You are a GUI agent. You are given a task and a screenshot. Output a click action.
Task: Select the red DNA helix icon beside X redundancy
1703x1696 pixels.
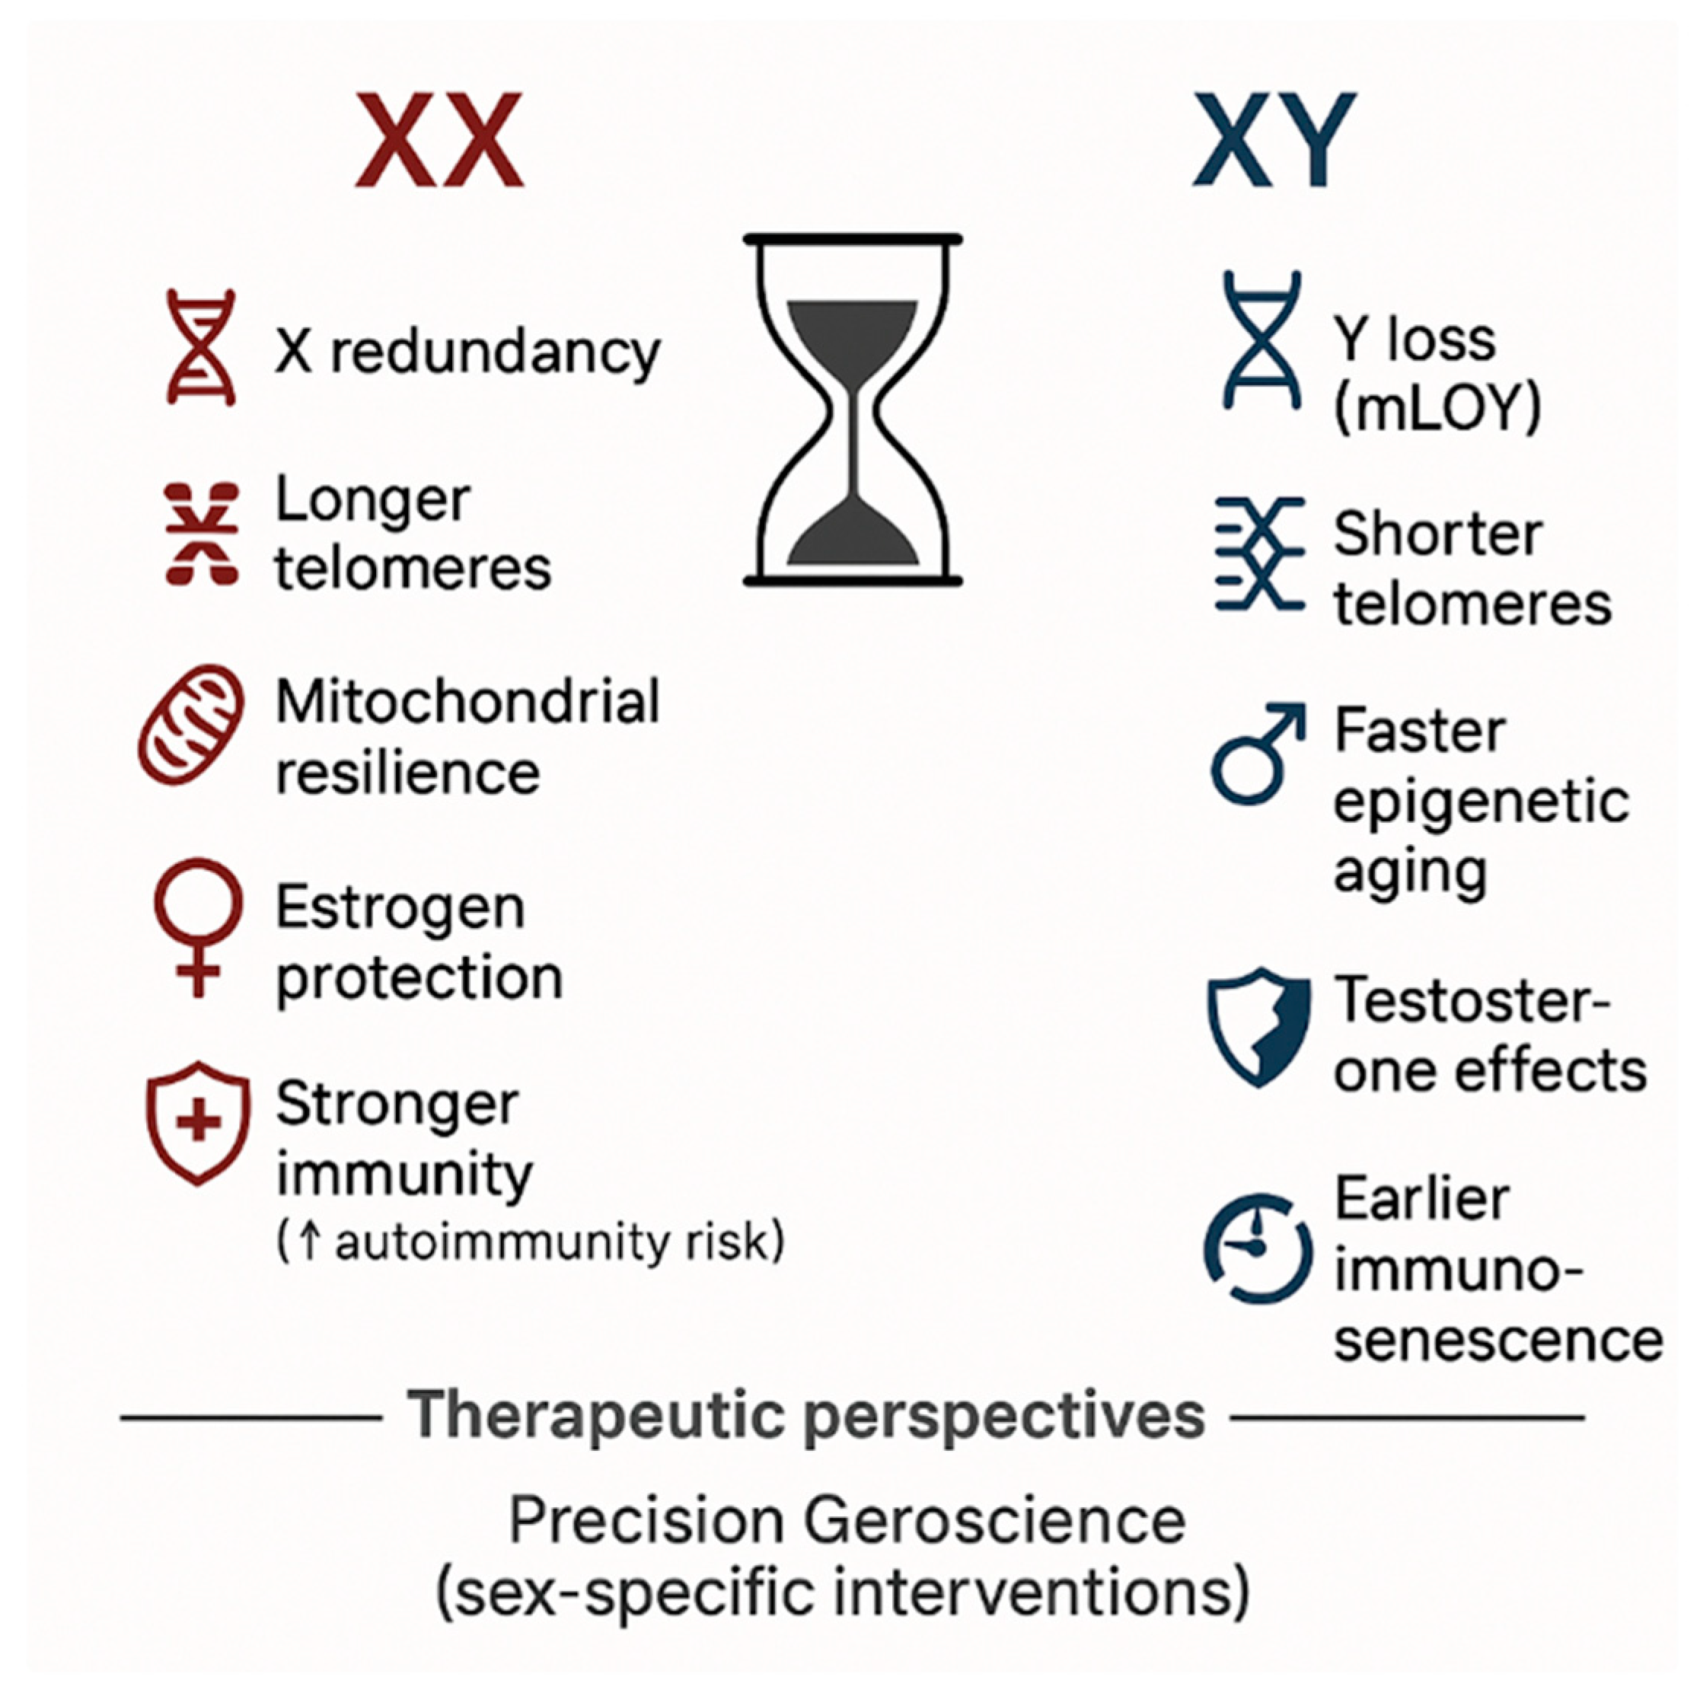click(x=201, y=347)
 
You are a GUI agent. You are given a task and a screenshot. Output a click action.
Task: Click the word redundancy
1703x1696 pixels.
click(x=496, y=352)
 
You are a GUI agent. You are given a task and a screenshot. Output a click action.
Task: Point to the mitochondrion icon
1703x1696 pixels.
click(x=192, y=725)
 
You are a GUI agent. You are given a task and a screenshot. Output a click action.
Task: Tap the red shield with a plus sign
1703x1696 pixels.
click(x=199, y=1122)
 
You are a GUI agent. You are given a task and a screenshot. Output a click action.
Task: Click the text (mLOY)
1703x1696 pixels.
click(x=1437, y=407)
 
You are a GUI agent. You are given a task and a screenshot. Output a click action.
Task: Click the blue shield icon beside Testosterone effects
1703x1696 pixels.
click(x=1258, y=1028)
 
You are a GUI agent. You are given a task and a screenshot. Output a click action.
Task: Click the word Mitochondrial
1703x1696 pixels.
click(x=467, y=703)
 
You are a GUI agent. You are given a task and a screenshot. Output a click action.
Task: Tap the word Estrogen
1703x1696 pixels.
click(x=400, y=908)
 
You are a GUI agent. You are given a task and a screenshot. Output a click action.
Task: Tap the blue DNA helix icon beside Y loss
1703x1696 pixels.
click(x=1261, y=340)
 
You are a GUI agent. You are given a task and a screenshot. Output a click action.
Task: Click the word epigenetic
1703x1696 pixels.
click(x=1481, y=802)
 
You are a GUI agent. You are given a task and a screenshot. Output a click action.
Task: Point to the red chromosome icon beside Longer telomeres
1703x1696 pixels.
click(x=202, y=534)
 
